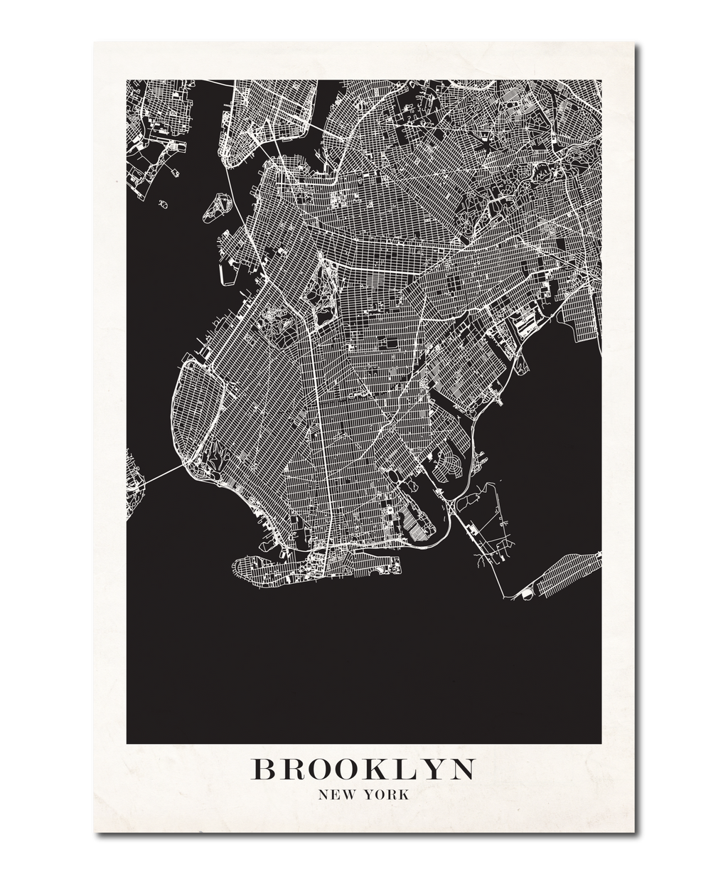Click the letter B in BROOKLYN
(x=264, y=769)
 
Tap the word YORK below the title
(x=386, y=795)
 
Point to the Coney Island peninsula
(x=313, y=569)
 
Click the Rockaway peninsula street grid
(x=569, y=576)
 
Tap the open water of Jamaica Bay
(x=547, y=427)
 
